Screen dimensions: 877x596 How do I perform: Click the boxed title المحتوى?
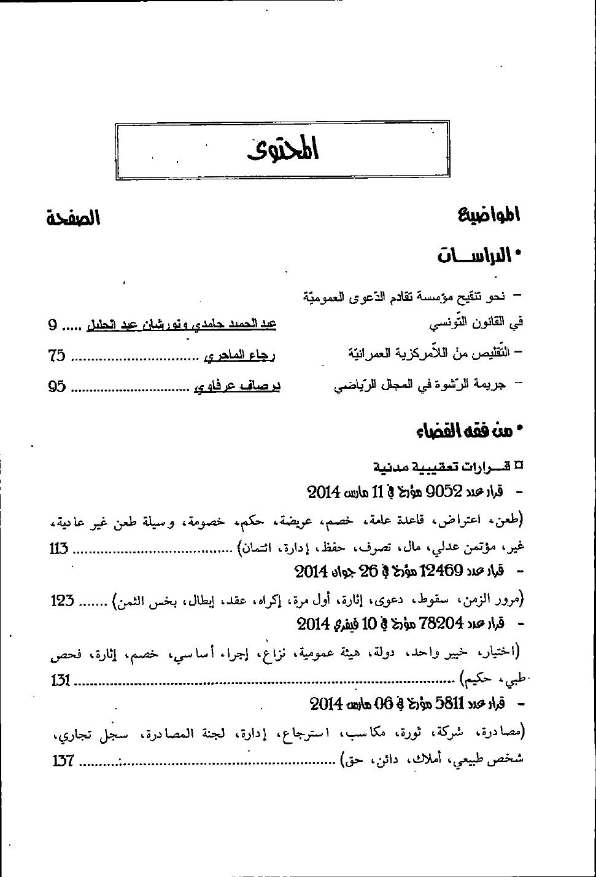tap(284, 150)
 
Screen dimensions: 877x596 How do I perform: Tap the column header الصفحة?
tap(74, 218)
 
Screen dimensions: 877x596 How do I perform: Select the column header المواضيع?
tap(489, 215)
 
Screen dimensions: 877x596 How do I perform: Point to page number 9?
tap(53, 324)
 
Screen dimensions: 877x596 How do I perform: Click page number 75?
tap(57, 354)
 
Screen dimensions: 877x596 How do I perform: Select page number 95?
tap(57, 387)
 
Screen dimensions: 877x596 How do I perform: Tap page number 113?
tap(59, 548)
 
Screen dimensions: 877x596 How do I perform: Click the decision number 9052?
tap(443, 491)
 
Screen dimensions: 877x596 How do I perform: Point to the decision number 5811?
tap(452, 703)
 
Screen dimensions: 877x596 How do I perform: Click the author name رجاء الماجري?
tap(239, 354)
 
